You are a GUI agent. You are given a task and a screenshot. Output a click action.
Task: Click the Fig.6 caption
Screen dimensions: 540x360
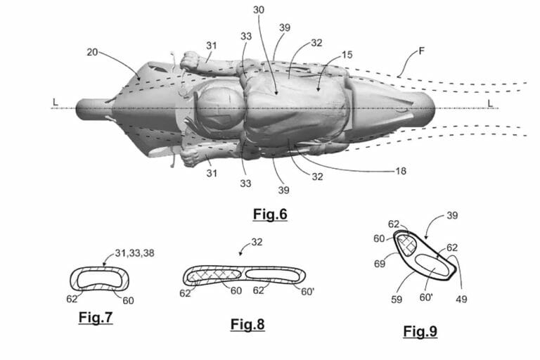click(x=270, y=214)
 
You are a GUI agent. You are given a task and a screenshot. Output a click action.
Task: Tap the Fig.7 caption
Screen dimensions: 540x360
click(x=96, y=317)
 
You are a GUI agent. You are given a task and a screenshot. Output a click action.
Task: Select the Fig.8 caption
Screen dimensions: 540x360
click(x=247, y=324)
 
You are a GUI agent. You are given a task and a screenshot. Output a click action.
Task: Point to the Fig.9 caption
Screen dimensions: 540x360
click(x=420, y=331)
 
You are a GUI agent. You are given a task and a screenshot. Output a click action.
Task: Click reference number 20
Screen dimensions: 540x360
click(x=92, y=52)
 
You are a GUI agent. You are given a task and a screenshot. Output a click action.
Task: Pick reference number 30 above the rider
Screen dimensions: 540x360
click(x=259, y=10)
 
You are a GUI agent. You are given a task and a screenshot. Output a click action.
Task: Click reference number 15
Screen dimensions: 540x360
click(x=347, y=54)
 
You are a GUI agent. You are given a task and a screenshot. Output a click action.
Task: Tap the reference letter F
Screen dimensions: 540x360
click(x=421, y=51)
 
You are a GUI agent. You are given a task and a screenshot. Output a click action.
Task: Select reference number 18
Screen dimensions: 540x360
click(x=401, y=171)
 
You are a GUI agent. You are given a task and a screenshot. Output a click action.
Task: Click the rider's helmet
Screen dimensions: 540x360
click(x=219, y=108)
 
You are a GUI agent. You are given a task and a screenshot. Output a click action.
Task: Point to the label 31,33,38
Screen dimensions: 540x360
click(x=134, y=253)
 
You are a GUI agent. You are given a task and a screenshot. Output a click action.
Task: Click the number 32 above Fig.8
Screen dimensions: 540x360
click(x=257, y=242)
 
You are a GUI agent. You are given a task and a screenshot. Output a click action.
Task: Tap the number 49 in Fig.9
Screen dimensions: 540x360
click(x=461, y=299)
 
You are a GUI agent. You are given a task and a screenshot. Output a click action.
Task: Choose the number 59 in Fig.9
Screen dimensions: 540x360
click(x=397, y=300)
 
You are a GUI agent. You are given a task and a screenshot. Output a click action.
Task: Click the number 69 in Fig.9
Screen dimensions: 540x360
click(x=380, y=264)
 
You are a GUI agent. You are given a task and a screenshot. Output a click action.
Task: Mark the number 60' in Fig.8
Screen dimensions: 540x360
click(x=307, y=292)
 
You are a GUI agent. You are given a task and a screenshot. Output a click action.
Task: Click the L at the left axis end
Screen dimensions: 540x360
click(x=55, y=102)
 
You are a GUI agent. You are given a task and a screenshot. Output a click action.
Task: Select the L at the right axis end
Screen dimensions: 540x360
click(x=489, y=103)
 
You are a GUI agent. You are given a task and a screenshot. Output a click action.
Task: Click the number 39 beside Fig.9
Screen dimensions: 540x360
click(x=452, y=216)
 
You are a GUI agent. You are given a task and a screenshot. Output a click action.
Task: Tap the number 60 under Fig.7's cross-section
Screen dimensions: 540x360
click(x=128, y=301)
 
